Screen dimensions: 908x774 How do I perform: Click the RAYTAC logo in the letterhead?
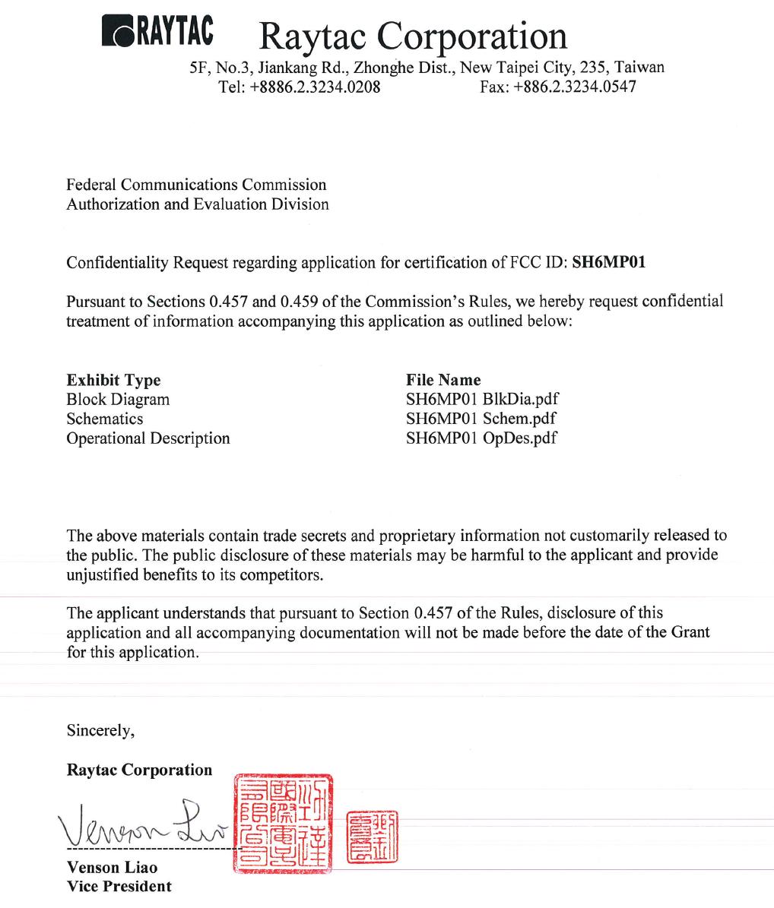click(157, 31)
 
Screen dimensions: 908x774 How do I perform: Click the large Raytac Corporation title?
click(413, 35)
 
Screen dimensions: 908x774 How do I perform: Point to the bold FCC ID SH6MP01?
click(608, 263)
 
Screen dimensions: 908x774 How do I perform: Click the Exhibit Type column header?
click(113, 380)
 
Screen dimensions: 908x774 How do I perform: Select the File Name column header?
click(443, 380)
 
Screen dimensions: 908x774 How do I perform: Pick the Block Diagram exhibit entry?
click(118, 400)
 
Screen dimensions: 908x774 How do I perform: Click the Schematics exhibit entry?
click(104, 419)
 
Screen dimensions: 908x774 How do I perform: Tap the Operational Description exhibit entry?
click(148, 438)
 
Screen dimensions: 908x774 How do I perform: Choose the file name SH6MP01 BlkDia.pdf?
click(483, 400)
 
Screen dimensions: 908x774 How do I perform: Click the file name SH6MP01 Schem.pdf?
click(481, 419)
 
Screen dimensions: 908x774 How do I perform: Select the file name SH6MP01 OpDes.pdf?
click(481, 438)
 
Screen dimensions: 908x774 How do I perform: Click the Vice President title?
click(119, 886)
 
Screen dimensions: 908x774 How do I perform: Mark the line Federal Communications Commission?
click(196, 185)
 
